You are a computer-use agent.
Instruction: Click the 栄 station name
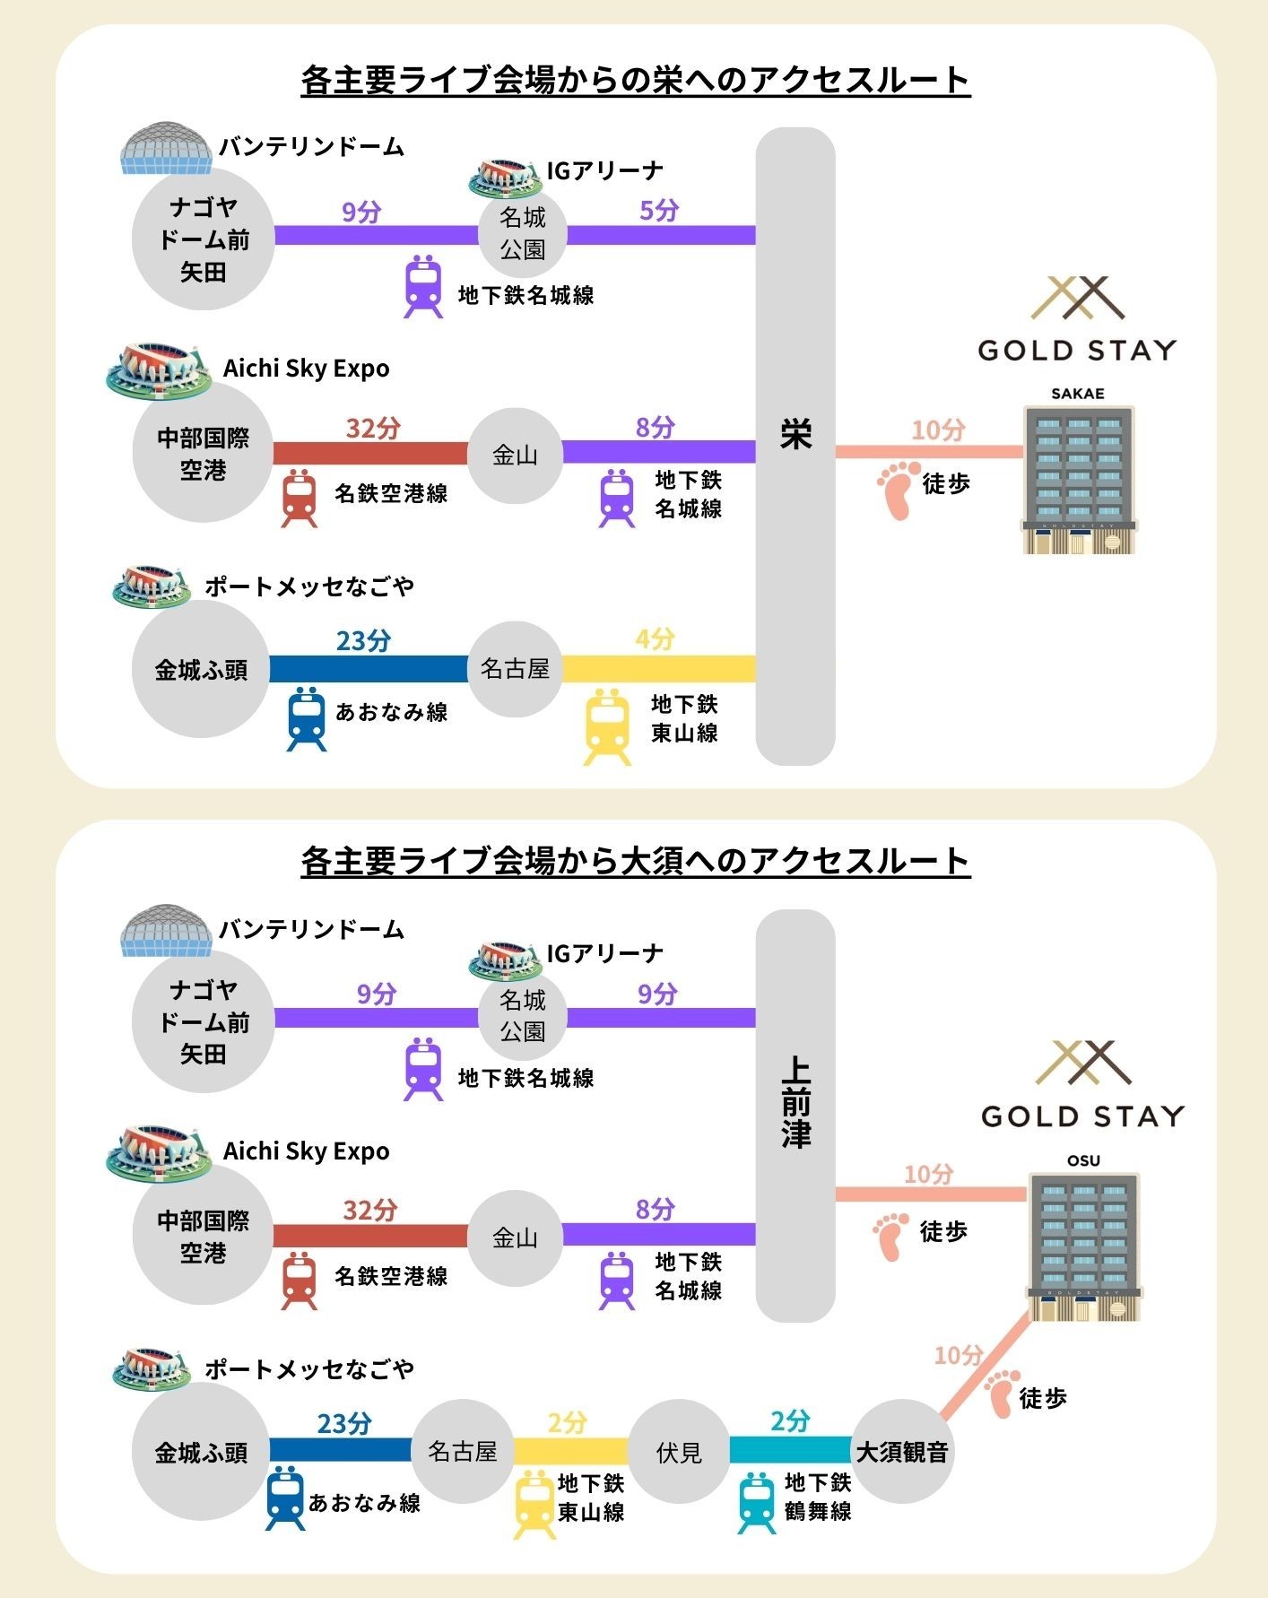pos(795,436)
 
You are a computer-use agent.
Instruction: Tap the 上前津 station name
pos(795,1103)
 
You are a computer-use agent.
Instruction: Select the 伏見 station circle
pos(679,1452)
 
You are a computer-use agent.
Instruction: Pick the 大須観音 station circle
pos(902,1452)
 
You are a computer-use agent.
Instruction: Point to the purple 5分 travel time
pos(659,211)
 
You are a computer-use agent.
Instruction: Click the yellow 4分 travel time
pos(655,639)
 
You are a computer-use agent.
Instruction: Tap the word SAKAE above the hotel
pos(1077,394)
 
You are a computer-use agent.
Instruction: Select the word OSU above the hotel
pos(1083,1160)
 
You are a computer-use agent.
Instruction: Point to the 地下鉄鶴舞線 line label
pos(817,1497)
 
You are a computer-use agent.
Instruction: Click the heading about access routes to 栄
pos(635,80)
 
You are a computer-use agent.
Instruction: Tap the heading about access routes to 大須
pos(635,862)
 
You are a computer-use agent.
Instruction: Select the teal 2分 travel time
pos(790,1420)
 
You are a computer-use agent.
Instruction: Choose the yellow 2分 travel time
pos(568,1422)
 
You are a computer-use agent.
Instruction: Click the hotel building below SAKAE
pos(1078,480)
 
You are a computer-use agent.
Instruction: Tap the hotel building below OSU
pos(1084,1246)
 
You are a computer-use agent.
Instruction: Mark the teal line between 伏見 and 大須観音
pos(790,1449)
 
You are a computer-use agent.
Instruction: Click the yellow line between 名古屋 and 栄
pos(659,668)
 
